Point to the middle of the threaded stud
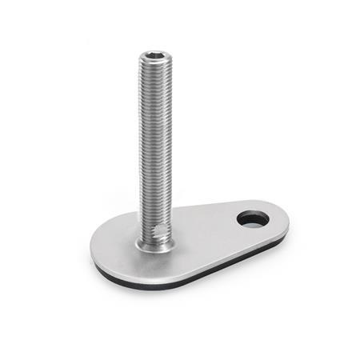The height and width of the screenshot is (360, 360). (154, 144)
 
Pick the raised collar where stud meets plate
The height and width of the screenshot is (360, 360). (154, 247)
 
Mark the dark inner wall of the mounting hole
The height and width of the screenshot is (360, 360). (248, 214)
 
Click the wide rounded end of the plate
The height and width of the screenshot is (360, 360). (112, 260)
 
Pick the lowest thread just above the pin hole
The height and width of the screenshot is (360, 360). (154, 222)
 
